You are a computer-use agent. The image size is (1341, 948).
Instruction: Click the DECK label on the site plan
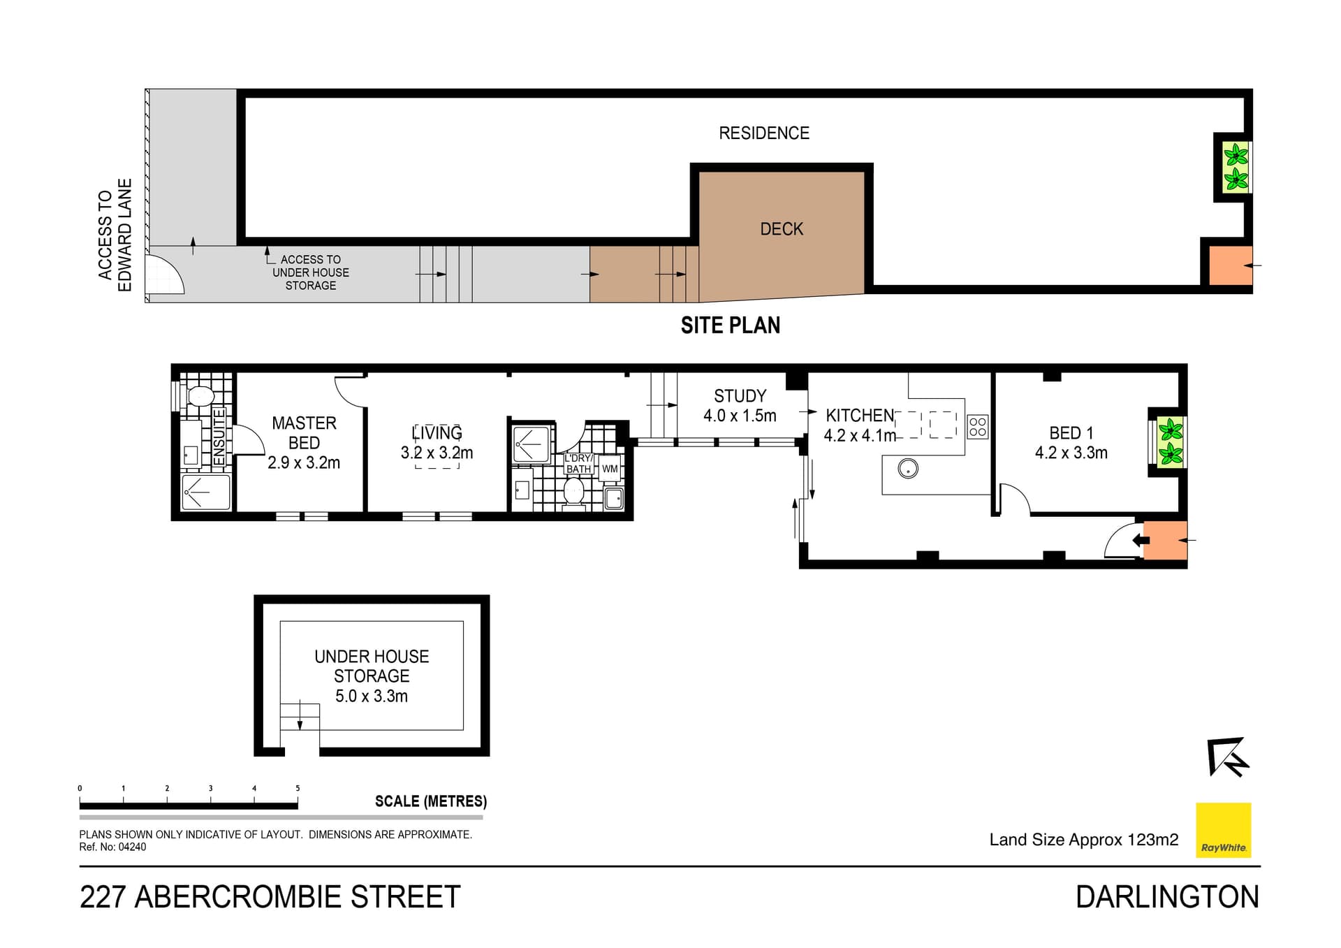(x=781, y=229)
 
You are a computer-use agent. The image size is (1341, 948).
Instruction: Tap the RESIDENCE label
(x=763, y=133)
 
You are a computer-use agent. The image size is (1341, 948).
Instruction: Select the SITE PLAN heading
(x=730, y=326)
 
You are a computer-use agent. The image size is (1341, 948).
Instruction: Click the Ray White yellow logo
(x=1223, y=830)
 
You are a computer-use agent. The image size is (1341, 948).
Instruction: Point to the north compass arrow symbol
(x=1226, y=757)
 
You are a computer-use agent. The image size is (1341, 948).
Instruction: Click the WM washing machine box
(x=610, y=469)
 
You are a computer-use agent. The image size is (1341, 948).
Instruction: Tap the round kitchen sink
(x=907, y=469)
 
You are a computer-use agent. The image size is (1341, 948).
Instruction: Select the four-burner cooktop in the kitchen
(x=977, y=426)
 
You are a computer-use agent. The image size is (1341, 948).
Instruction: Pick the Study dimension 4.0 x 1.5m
(x=739, y=416)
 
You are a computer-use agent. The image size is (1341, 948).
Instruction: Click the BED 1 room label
(x=1071, y=433)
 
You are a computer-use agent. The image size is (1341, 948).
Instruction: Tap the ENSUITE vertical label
(x=219, y=437)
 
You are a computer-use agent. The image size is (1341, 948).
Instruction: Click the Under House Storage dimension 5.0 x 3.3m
(x=371, y=696)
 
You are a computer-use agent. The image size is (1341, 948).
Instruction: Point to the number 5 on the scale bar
(x=298, y=789)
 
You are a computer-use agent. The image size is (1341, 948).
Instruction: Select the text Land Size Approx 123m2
(x=1083, y=840)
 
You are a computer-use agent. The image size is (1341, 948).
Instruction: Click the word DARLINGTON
(x=1166, y=897)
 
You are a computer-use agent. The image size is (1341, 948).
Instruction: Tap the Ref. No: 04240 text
(x=112, y=847)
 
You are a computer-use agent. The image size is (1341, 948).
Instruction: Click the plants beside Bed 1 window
(x=1170, y=442)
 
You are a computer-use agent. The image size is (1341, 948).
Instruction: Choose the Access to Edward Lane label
(x=115, y=235)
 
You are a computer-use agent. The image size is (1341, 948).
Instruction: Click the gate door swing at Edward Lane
(x=166, y=275)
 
